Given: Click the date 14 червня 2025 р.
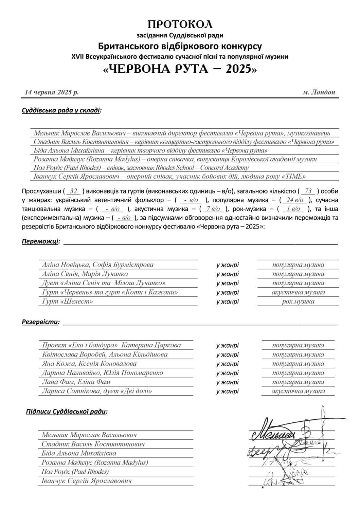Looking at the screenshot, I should coord(52,92).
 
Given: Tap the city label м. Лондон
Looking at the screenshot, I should coord(319,92).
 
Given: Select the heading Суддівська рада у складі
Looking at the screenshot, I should coord(61,111).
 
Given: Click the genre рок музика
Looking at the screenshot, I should coord(298,302).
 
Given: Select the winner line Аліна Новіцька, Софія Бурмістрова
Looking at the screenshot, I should coord(97,265).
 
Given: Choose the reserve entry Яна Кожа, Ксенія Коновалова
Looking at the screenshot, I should coord(89,364).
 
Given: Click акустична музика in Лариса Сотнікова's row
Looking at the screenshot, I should coord(298,391).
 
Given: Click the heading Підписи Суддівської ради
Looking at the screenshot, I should coord(67,412).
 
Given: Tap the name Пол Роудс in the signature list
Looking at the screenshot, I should coord(75,472).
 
